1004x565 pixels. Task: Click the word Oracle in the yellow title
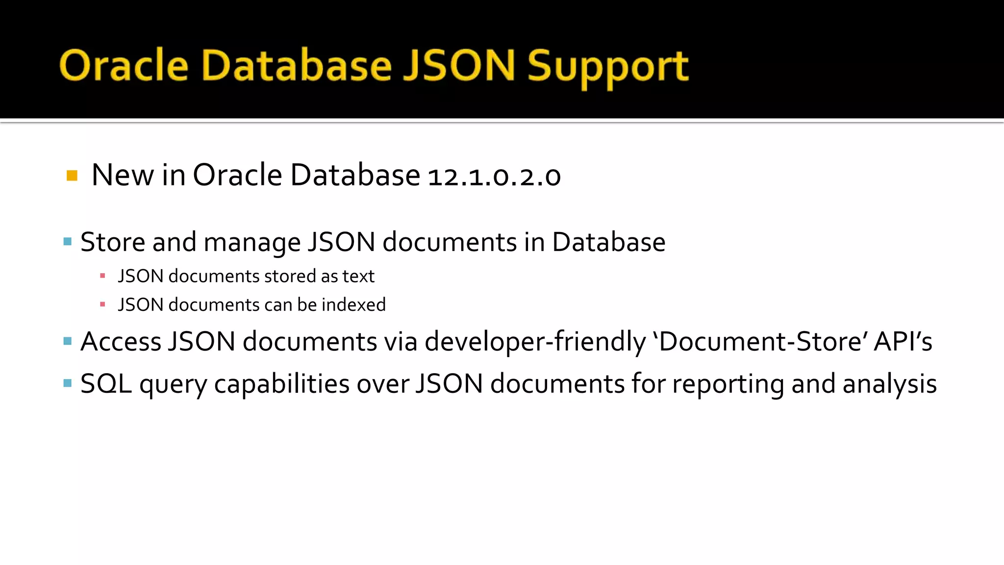click(124, 65)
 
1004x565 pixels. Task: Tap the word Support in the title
click(608, 66)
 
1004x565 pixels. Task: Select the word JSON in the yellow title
click(459, 65)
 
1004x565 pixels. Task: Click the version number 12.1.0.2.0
click(494, 176)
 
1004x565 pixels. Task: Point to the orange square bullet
click(72, 176)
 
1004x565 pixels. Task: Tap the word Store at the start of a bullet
click(113, 242)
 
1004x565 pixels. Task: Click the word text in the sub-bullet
click(358, 276)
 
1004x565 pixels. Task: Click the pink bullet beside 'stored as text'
click(102, 276)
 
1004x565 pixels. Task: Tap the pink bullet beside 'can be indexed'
click(102, 305)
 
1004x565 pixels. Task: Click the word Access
click(121, 341)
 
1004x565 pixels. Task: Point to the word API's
click(903, 341)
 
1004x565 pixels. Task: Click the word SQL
click(106, 384)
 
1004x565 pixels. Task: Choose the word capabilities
click(282, 384)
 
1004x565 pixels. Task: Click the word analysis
click(890, 384)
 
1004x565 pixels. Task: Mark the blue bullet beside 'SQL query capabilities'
click(68, 383)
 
